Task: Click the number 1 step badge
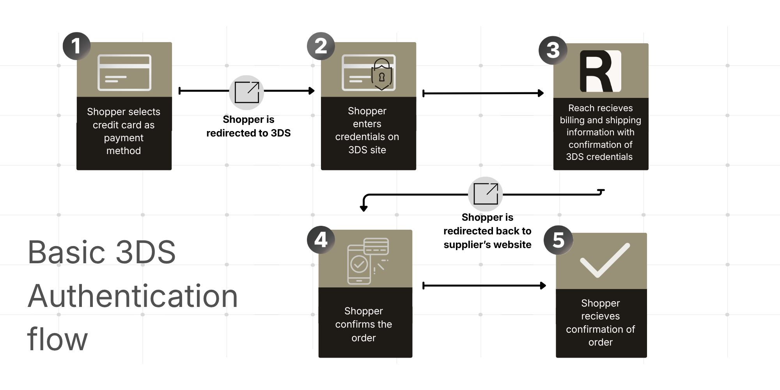(76, 46)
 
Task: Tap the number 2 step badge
(321, 46)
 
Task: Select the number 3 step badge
(553, 50)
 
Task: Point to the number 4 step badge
(321, 239)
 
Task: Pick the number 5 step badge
(558, 240)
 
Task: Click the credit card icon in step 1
(124, 73)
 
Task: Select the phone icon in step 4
(359, 264)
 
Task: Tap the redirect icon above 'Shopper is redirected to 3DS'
(246, 92)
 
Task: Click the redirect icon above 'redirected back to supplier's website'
(485, 194)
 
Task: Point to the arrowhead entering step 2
(312, 91)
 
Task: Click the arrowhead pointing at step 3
(541, 93)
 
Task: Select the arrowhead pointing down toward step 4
(363, 208)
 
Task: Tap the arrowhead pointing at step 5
(543, 286)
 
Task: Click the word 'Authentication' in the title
(133, 296)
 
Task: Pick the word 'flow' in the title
(57, 339)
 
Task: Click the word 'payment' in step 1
(124, 138)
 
